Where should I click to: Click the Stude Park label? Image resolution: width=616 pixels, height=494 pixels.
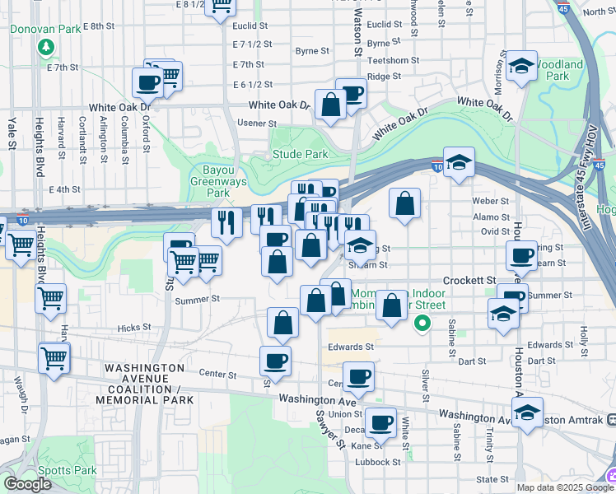(x=301, y=154)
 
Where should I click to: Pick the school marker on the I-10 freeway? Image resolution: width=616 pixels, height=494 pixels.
(x=459, y=161)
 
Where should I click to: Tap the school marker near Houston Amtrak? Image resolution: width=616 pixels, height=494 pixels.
(x=527, y=412)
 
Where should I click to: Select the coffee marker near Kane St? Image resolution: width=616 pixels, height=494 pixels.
(x=380, y=422)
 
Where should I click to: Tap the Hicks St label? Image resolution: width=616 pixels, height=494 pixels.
(x=134, y=327)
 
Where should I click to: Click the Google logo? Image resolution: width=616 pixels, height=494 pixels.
(x=27, y=483)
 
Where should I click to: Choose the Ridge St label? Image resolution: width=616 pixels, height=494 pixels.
(x=384, y=76)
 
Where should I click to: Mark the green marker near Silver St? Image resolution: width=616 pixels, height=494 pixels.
(x=422, y=324)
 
